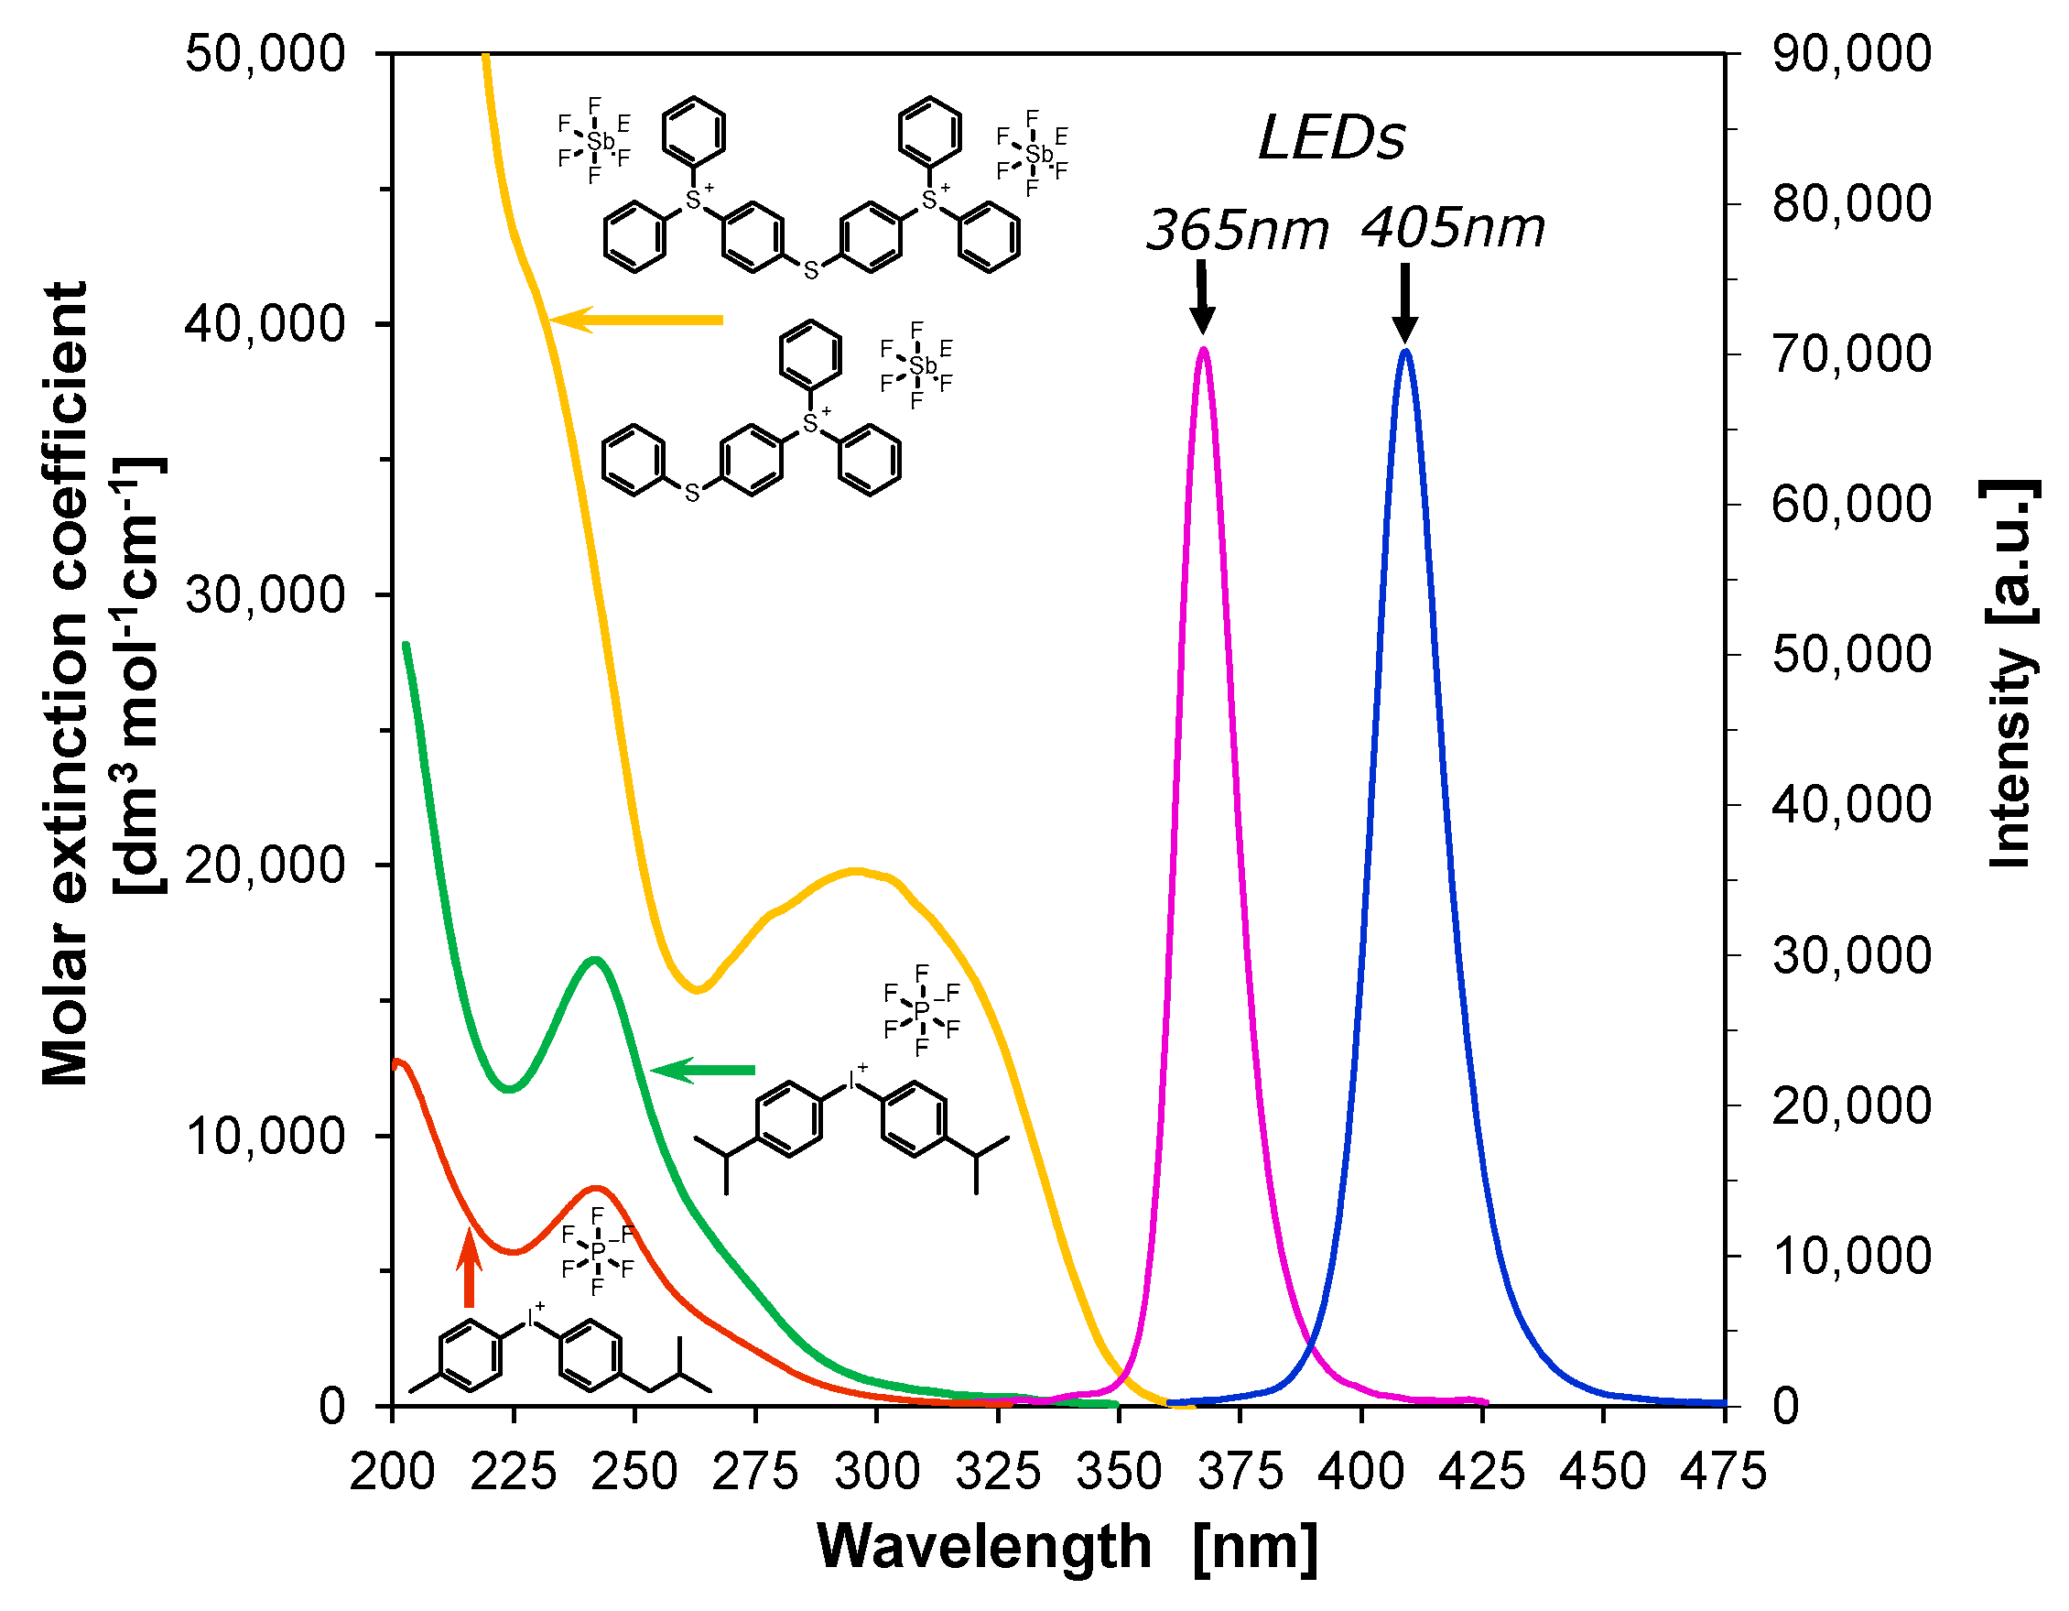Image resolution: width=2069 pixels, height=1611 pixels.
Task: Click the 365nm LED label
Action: [x=1237, y=230]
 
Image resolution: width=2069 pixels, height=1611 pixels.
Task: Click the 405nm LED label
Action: [x=1453, y=228]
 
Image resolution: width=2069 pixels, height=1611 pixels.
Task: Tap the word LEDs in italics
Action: [x=1331, y=139]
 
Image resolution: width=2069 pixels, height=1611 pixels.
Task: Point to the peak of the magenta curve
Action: [x=1203, y=350]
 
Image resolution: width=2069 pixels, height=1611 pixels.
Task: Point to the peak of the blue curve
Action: [x=1405, y=352]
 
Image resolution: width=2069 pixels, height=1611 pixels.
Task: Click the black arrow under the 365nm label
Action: [x=1202, y=299]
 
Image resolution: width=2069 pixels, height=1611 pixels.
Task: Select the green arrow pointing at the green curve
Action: [x=702, y=1071]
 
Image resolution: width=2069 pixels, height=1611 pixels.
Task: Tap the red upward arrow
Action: [x=469, y=1268]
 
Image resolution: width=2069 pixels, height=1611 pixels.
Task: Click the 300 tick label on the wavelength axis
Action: [x=877, y=1472]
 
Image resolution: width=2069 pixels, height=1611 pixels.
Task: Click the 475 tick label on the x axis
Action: [x=1723, y=1472]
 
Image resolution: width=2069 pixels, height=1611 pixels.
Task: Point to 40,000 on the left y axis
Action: [x=265, y=324]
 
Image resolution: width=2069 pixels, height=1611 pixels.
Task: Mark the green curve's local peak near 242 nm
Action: [x=595, y=960]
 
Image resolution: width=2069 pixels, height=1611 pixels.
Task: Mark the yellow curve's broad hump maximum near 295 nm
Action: [x=855, y=870]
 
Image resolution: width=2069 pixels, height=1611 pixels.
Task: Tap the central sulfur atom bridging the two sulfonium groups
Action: [x=811, y=271]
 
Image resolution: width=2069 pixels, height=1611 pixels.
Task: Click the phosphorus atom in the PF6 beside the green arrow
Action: [x=922, y=1011]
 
